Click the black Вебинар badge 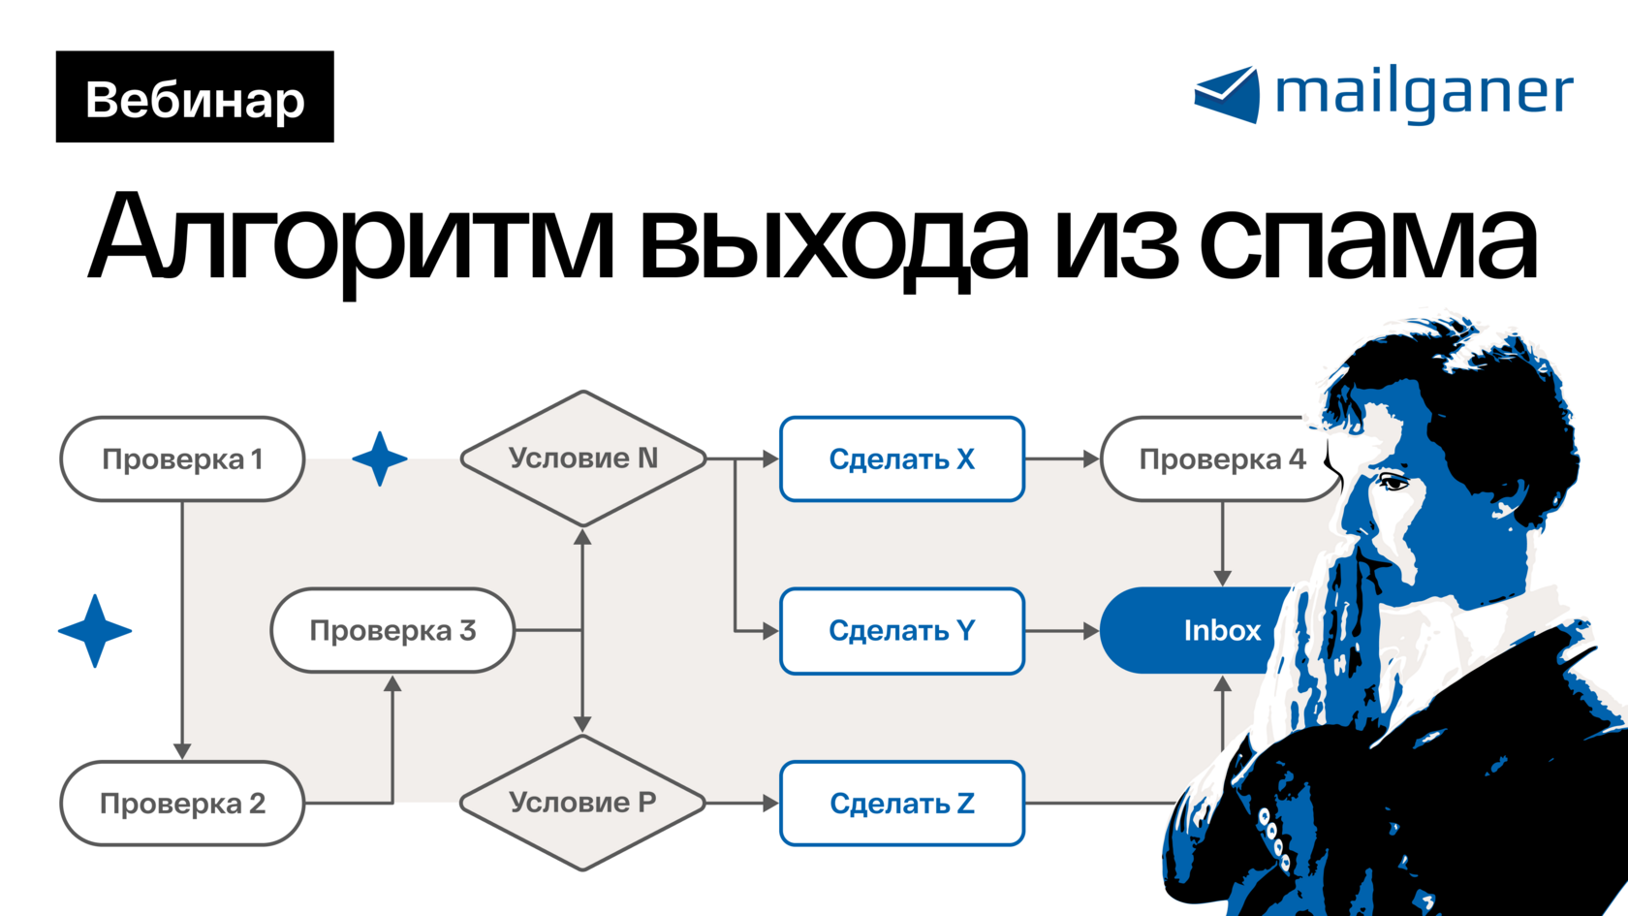coord(195,97)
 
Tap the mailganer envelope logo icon coord(1227,95)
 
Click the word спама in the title coord(1367,240)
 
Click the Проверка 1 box coord(182,459)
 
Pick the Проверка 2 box coord(182,804)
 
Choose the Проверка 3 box coord(392,631)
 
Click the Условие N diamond coord(582,458)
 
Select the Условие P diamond coord(582,803)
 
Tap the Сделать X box coord(902,459)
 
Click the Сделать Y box coord(902,631)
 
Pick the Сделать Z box coord(902,804)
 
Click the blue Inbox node coord(1202,631)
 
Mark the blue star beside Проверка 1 coord(380,458)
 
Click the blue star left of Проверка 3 coord(95,631)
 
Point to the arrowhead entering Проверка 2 coord(182,750)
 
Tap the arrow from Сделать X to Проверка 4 coord(1062,459)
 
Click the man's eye coord(1393,482)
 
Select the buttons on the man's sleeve coord(1273,839)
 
